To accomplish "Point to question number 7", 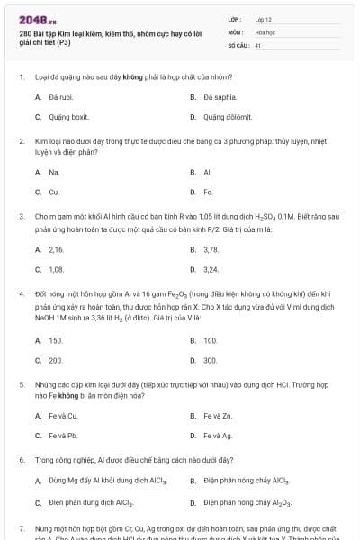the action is (x=22, y=528).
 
